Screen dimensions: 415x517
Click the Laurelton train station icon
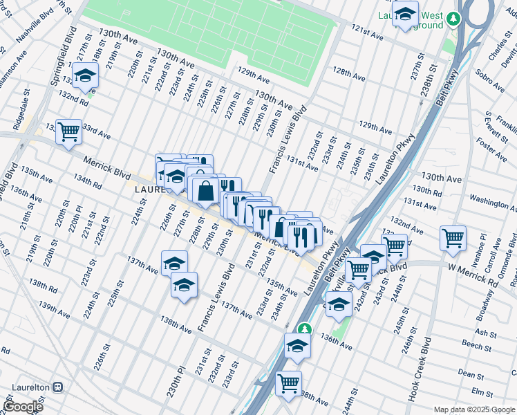click(59, 388)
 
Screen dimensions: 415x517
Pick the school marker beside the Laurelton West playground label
click(405, 15)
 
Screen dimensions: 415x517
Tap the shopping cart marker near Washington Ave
click(453, 238)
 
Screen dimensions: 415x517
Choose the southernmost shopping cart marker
click(288, 382)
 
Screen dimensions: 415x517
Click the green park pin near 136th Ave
click(302, 330)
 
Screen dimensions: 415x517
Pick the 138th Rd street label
click(41, 285)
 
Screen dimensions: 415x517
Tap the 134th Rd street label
click(87, 181)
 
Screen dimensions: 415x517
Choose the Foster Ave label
click(492, 148)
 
